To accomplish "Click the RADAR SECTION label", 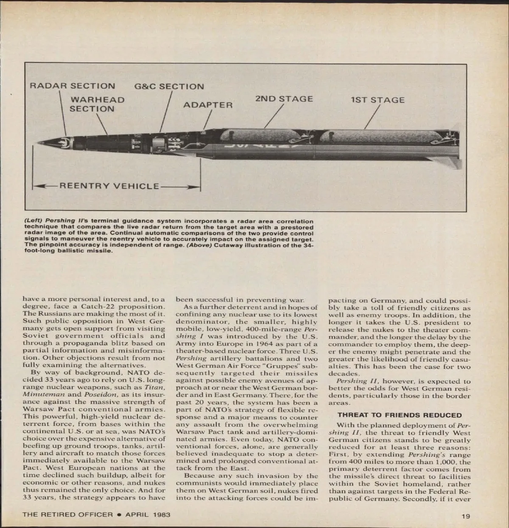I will tap(72, 86).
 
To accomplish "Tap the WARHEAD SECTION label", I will tap(97, 104).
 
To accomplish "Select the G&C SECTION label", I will tap(169, 87).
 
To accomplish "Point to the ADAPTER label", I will tap(208, 105).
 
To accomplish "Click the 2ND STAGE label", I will tap(284, 99).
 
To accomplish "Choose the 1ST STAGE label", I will tap(378, 100).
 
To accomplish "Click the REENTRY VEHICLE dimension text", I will tap(109, 186).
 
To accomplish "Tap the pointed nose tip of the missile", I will tap(38, 143).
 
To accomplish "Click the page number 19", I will tap(466, 517).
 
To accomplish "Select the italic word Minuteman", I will tap(39, 394).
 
